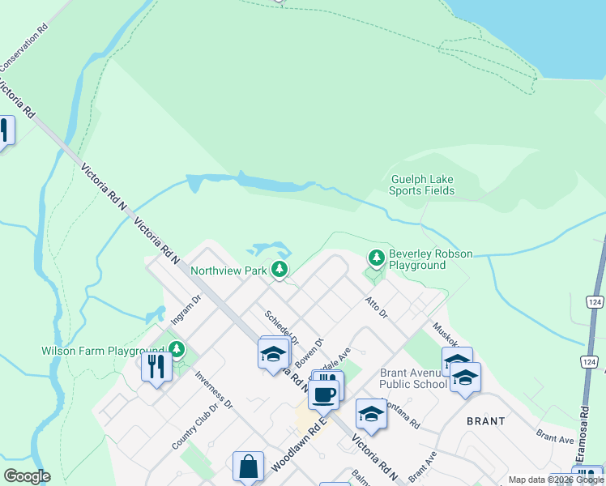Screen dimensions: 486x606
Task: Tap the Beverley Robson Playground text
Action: click(430, 259)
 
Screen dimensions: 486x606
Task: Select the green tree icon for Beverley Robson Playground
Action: click(376, 258)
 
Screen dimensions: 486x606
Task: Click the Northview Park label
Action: click(228, 271)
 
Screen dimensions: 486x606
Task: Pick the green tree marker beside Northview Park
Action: click(280, 269)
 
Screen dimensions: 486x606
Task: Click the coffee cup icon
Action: click(324, 395)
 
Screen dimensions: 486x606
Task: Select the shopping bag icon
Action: click(248, 467)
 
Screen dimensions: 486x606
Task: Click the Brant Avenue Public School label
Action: click(413, 378)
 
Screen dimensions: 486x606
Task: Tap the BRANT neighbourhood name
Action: click(486, 421)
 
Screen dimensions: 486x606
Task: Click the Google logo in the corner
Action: click(27, 476)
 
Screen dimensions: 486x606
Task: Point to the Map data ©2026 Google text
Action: click(556, 480)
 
